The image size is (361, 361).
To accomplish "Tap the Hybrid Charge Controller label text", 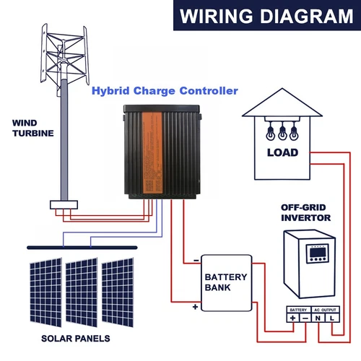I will [x=165, y=92].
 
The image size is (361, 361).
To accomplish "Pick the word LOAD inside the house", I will [x=282, y=153].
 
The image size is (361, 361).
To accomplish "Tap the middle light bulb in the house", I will [x=282, y=132].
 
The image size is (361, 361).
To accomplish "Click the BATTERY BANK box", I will [x=225, y=282].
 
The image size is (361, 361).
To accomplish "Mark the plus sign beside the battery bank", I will [x=195, y=307].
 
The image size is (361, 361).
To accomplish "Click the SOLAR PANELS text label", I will [x=75, y=338].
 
